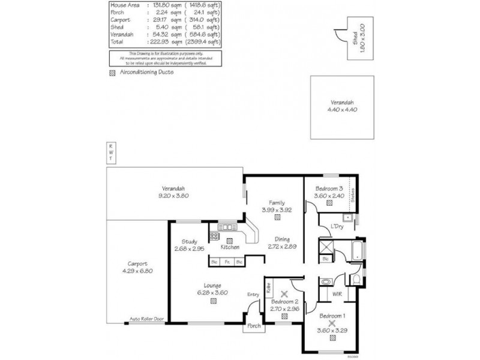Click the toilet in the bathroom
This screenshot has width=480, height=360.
355,280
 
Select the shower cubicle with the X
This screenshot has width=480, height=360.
326,247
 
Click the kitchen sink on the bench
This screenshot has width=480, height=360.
227,227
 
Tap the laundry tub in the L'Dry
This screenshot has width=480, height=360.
347,218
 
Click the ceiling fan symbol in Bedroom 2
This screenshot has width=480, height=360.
285,294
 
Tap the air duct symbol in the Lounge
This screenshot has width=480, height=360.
214,302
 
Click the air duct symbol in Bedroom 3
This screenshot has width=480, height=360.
329,202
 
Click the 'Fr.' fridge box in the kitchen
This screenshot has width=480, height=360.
227,262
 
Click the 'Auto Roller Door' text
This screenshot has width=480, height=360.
147,320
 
